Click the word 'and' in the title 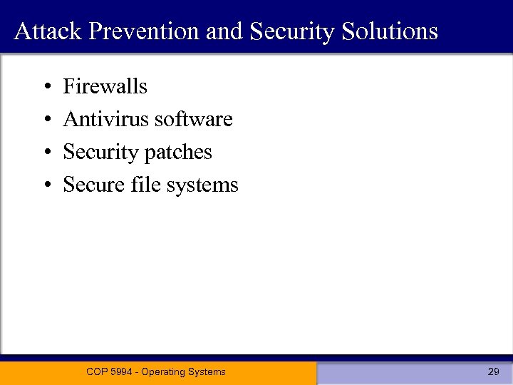222,31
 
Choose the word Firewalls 105,86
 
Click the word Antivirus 106,119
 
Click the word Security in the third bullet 100,153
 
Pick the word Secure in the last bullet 94,185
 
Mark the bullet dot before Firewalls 46,88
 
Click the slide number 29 493,371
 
